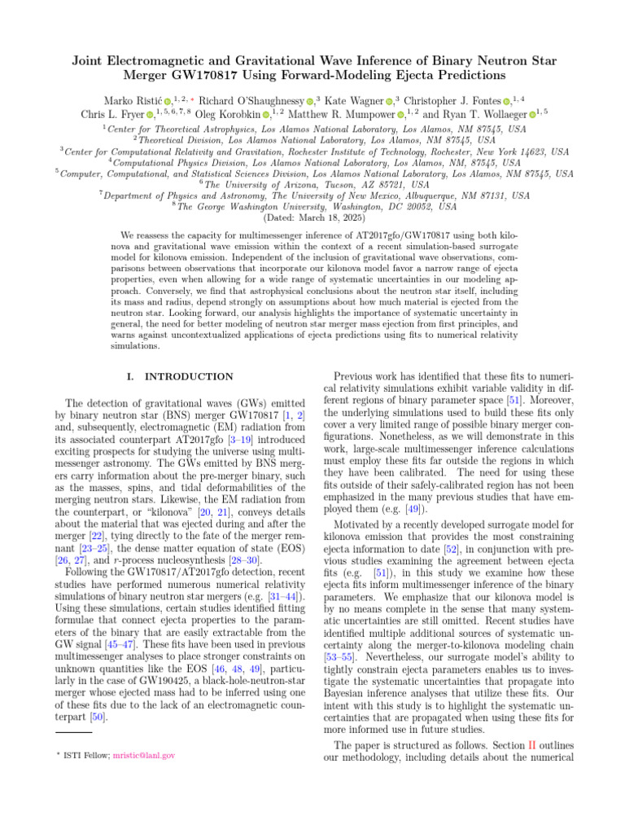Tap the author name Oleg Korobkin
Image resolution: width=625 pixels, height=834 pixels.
click(227, 115)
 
